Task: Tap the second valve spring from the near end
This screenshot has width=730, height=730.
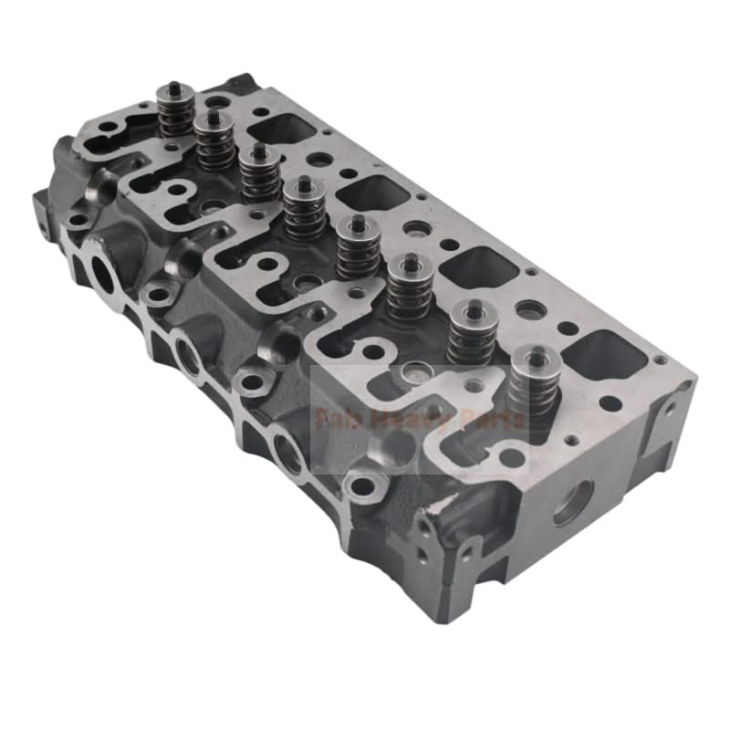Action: (471, 333)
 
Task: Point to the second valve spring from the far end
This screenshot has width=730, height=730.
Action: (215, 141)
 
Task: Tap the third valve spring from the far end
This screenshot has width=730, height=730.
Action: (261, 173)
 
